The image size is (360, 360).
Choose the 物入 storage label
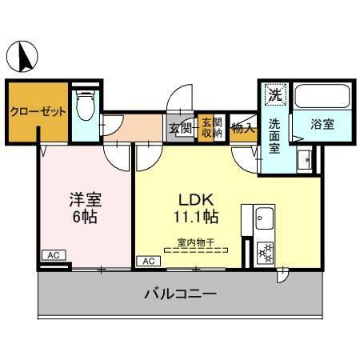[x=242, y=126]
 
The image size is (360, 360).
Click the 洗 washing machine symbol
[x=274, y=94]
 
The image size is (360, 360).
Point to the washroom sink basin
[x=304, y=162]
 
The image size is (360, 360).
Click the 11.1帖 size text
[x=194, y=215]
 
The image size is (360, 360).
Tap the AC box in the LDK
[x=148, y=261]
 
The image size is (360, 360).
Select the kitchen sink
[x=264, y=217]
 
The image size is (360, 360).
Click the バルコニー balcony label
[x=180, y=294]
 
